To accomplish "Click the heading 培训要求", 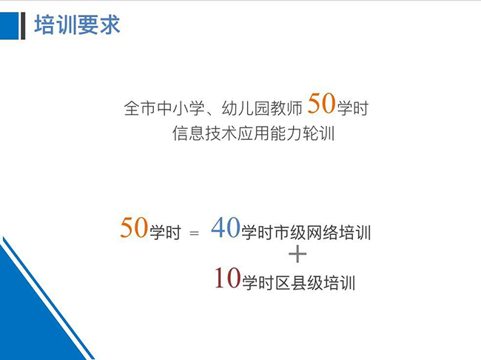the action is tap(77, 25).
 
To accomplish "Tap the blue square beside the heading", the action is tap(9, 26).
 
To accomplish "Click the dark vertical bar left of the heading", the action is tap(23, 26).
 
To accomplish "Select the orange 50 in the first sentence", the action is tap(321, 104).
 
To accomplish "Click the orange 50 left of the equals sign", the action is tap(134, 227).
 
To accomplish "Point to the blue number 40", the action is tap(226, 227).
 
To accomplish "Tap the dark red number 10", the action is tap(227, 278).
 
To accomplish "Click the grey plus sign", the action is tap(297, 254).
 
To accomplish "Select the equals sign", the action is tap(194, 233).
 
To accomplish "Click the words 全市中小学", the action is tap(164, 108).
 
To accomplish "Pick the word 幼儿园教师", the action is tap(262, 108).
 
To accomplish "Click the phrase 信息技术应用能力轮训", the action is tap(253, 133).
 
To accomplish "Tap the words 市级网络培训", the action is tap(323, 232).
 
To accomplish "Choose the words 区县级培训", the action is tap(315, 283).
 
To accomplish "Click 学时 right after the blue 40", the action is tap(258, 232).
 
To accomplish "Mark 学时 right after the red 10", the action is tap(258, 283).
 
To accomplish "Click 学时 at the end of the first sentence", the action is tap(353, 108).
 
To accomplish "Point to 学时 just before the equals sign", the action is tap(165, 232).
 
